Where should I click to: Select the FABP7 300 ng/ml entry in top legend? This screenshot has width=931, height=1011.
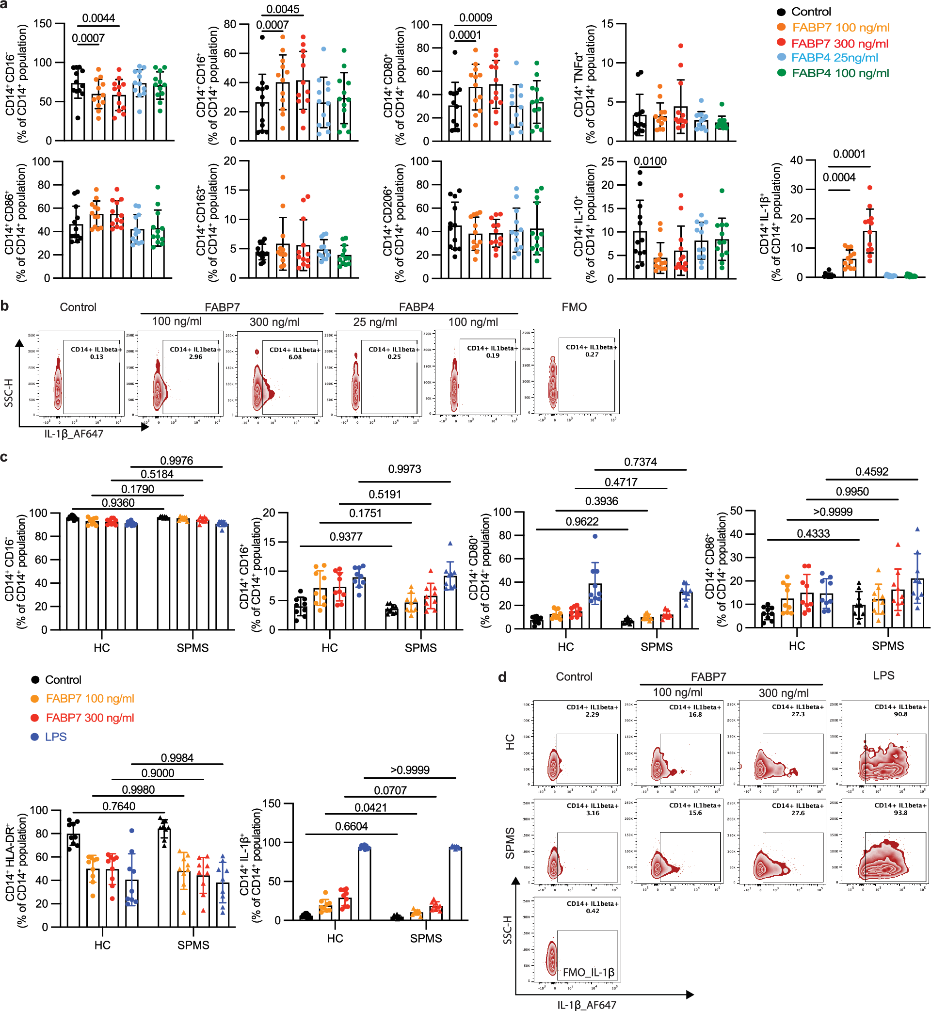click(839, 43)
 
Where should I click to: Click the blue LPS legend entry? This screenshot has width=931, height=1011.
click(55, 737)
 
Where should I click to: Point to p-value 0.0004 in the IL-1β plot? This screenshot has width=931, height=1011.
click(839, 177)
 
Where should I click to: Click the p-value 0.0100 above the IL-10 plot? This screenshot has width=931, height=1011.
click(650, 161)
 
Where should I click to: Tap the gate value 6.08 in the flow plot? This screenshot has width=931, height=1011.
click(295, 357)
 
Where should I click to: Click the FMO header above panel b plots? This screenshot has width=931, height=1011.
click(574, 307)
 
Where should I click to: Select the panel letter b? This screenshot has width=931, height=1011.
click(5, 306)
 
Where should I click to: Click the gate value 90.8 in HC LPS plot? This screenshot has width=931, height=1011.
click(900, 714)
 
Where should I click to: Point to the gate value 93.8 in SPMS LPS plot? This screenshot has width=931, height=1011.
click(900, 813)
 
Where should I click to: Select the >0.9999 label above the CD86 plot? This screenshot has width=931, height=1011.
click(832, 512)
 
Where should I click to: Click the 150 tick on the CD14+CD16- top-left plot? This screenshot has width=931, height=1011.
click(43, 24)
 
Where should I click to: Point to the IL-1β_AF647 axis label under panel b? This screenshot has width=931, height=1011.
click(74, 433)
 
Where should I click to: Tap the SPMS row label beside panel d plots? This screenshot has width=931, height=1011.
click(510, 843)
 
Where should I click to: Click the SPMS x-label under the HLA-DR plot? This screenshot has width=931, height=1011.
click(193, 945)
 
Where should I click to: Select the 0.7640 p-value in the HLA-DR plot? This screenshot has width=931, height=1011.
click(118, 806)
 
